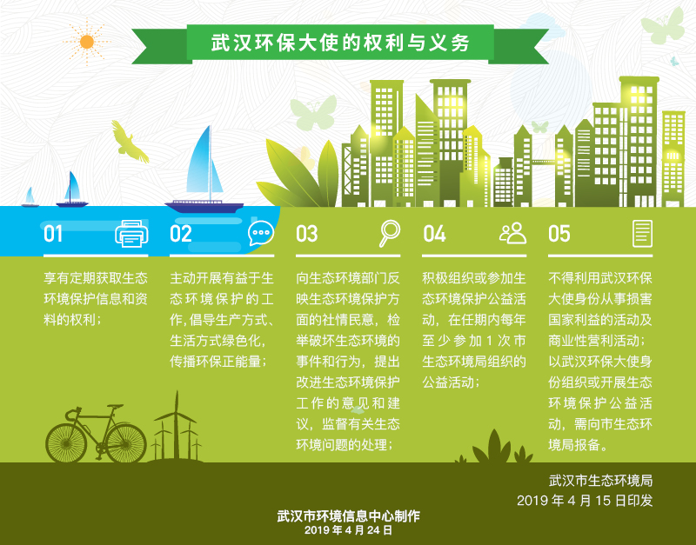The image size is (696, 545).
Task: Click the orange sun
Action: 87,42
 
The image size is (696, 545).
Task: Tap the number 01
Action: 53,234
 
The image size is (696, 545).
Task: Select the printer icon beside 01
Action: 131,233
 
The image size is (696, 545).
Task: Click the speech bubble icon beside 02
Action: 261,233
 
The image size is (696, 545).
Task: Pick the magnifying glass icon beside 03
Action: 389,233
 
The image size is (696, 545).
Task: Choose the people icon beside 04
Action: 512,233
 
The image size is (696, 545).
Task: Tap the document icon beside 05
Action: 642,233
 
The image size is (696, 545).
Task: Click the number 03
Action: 307,234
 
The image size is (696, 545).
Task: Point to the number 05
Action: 559,234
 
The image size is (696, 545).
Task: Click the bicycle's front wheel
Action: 66,443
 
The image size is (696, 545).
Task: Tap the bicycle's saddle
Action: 115,406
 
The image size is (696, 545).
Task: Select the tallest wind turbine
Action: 177,425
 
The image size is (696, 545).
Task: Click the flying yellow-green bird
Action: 129,142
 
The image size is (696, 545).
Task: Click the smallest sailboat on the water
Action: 30,197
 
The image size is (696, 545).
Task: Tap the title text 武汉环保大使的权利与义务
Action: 340,43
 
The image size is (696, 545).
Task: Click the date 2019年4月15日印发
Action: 585,501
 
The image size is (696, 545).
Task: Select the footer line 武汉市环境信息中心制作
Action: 349,516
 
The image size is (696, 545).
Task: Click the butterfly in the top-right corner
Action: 663,26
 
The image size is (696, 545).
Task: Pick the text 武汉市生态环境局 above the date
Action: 600,481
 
